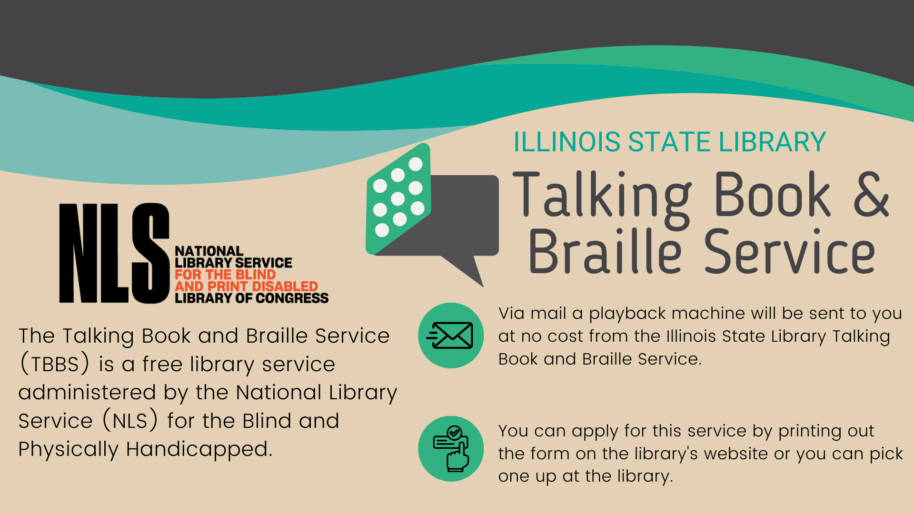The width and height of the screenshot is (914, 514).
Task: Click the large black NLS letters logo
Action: (114, 253)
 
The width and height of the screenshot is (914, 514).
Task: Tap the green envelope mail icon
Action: (451, 336)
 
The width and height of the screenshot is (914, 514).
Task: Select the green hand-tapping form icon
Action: (451, 449)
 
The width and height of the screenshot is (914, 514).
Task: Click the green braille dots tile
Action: (398, 198)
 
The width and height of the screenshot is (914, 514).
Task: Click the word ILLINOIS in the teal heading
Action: (567, 142)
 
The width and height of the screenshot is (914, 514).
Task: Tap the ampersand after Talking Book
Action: (871, 194)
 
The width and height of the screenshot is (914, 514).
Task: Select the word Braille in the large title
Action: (605, 251)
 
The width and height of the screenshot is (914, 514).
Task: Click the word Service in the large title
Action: (789, 251)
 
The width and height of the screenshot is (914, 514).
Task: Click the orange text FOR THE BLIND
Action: (225, 275)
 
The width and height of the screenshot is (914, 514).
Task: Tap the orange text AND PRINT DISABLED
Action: (246, 287)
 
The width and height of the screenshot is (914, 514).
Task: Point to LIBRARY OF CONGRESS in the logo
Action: (252, 298)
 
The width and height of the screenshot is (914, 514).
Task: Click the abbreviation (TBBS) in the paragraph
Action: (55, 364)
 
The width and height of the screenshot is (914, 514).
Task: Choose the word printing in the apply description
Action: (804, 431)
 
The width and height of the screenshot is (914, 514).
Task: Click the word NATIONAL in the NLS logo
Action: (209, 251)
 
